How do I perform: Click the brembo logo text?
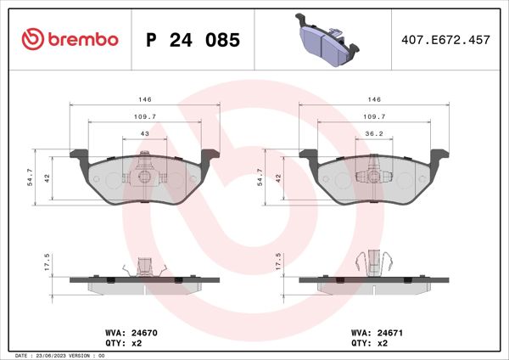pyautogui.click(x=81, y=40)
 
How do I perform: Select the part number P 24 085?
pyautogui.click(x=193, y=40)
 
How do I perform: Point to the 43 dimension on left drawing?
pyautogui.click(x=144, y=134)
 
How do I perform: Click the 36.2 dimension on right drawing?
pyautogui.click(x=372, y=134)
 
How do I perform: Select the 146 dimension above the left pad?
pyautogui.click(x=144, y=99)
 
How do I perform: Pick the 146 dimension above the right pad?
pyautogui.click(x=372, y=99)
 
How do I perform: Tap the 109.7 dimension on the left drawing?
pyautogui.click(x=144, y=116)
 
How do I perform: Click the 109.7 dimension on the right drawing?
pyautogui.click(x=372, y=116)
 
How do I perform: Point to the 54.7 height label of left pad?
pyautogui.click(x=31, y=177)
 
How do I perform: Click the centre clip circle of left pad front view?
pyautogui.click(x=144, y=177)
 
